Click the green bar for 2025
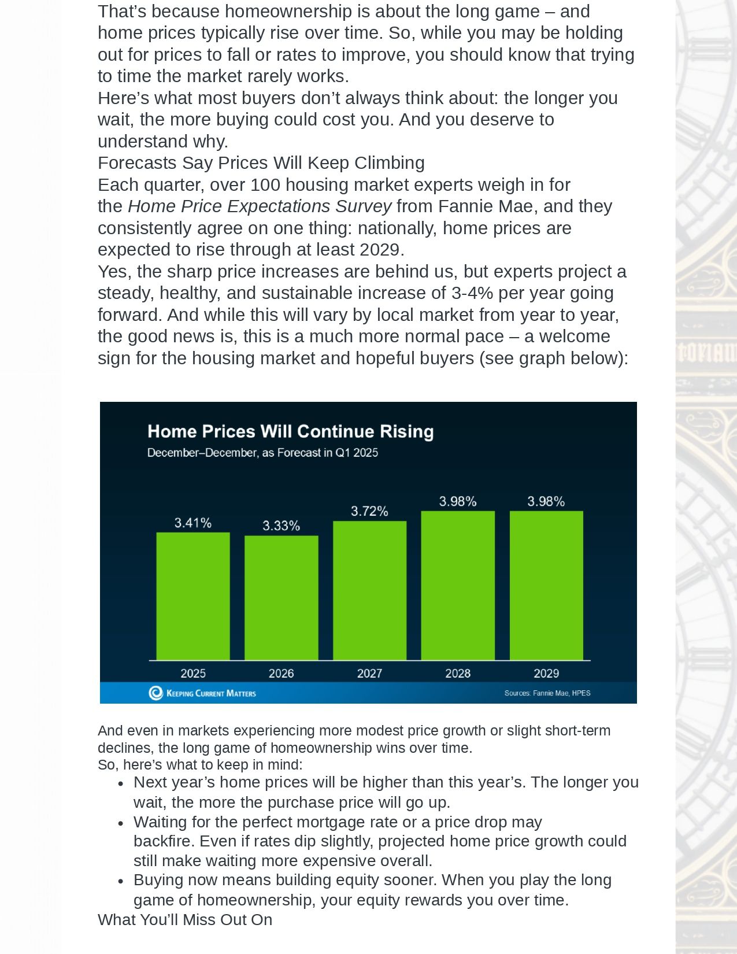point(193,596)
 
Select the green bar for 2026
point(282,597)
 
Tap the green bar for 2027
point(369,590)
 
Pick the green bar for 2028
point(458,585)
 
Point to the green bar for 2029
point(546,585)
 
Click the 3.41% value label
point(193,523)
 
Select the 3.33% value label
point(282,526)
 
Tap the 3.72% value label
point(369,511)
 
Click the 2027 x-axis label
point(369,673)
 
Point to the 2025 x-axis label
point(193,673)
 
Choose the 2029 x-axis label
point(546,673)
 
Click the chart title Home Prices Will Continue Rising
point(291,431)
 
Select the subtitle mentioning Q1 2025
point(262,453)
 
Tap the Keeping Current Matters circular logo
point(156,693)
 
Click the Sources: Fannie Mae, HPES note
point(547,693)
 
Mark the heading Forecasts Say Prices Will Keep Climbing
point(261,163)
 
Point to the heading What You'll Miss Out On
point(185,919)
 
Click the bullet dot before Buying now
point(121,882)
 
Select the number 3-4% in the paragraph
point(472,293)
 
